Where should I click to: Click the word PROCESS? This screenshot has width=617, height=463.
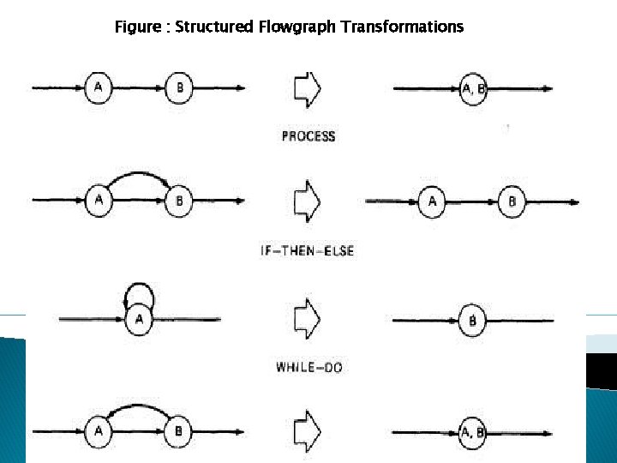(x=308, y=135)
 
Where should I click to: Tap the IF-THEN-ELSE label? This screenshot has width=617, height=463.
(x=307, y=251)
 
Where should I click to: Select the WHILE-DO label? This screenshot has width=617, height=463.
(x=309, y=367)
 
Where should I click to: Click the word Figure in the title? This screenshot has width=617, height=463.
(x=136, y=27)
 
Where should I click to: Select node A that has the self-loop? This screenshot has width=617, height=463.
(x=138, y=321)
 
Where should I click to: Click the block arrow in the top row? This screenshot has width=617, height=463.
(x=307, y=87)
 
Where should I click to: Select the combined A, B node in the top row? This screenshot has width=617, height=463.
(x=473, y=87)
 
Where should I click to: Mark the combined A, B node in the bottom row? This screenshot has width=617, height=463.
(x=472, y=431)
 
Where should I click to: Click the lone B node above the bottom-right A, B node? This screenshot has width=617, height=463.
(x=472, y=321)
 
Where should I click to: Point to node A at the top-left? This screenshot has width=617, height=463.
(x=99, y=87)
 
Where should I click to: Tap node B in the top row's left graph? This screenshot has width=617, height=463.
(x=179, y=87)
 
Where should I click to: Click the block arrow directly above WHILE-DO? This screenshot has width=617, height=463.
(x=307, y=320)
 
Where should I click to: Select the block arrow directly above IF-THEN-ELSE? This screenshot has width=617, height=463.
(x=307, y=201)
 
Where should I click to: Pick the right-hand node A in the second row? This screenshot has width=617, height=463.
(x=432, y=201)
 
